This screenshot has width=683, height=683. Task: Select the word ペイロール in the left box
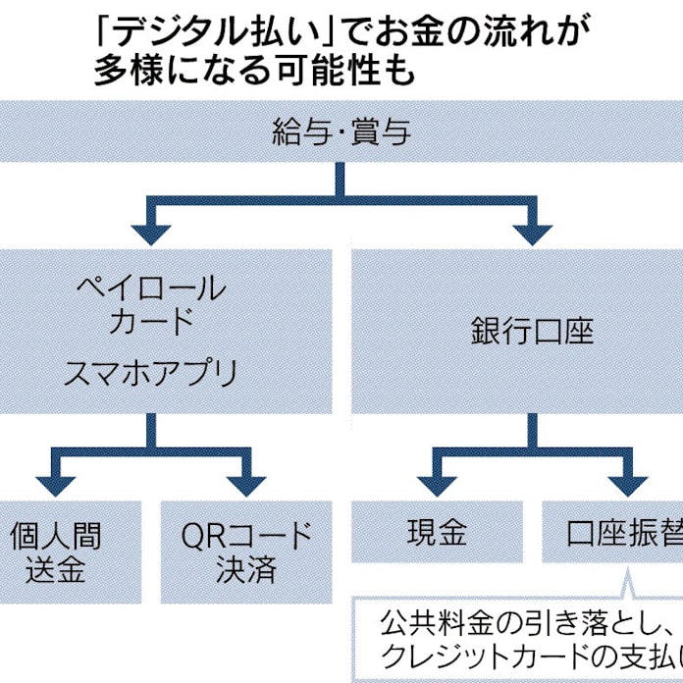150,289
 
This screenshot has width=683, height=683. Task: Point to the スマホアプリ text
150,372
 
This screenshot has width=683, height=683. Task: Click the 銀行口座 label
532,331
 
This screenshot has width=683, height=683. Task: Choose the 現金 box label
437,533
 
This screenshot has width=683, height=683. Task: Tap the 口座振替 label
618,533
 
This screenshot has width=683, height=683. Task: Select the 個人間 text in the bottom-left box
56,535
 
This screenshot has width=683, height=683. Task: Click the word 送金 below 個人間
56,569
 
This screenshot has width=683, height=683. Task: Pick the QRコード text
247,535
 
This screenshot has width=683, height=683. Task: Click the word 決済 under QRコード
247,569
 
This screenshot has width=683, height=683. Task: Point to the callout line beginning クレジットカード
520,657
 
